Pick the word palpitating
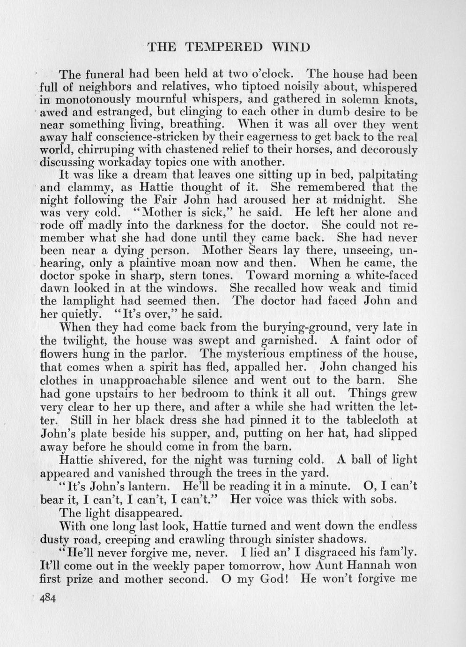(x=387, y=176)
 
